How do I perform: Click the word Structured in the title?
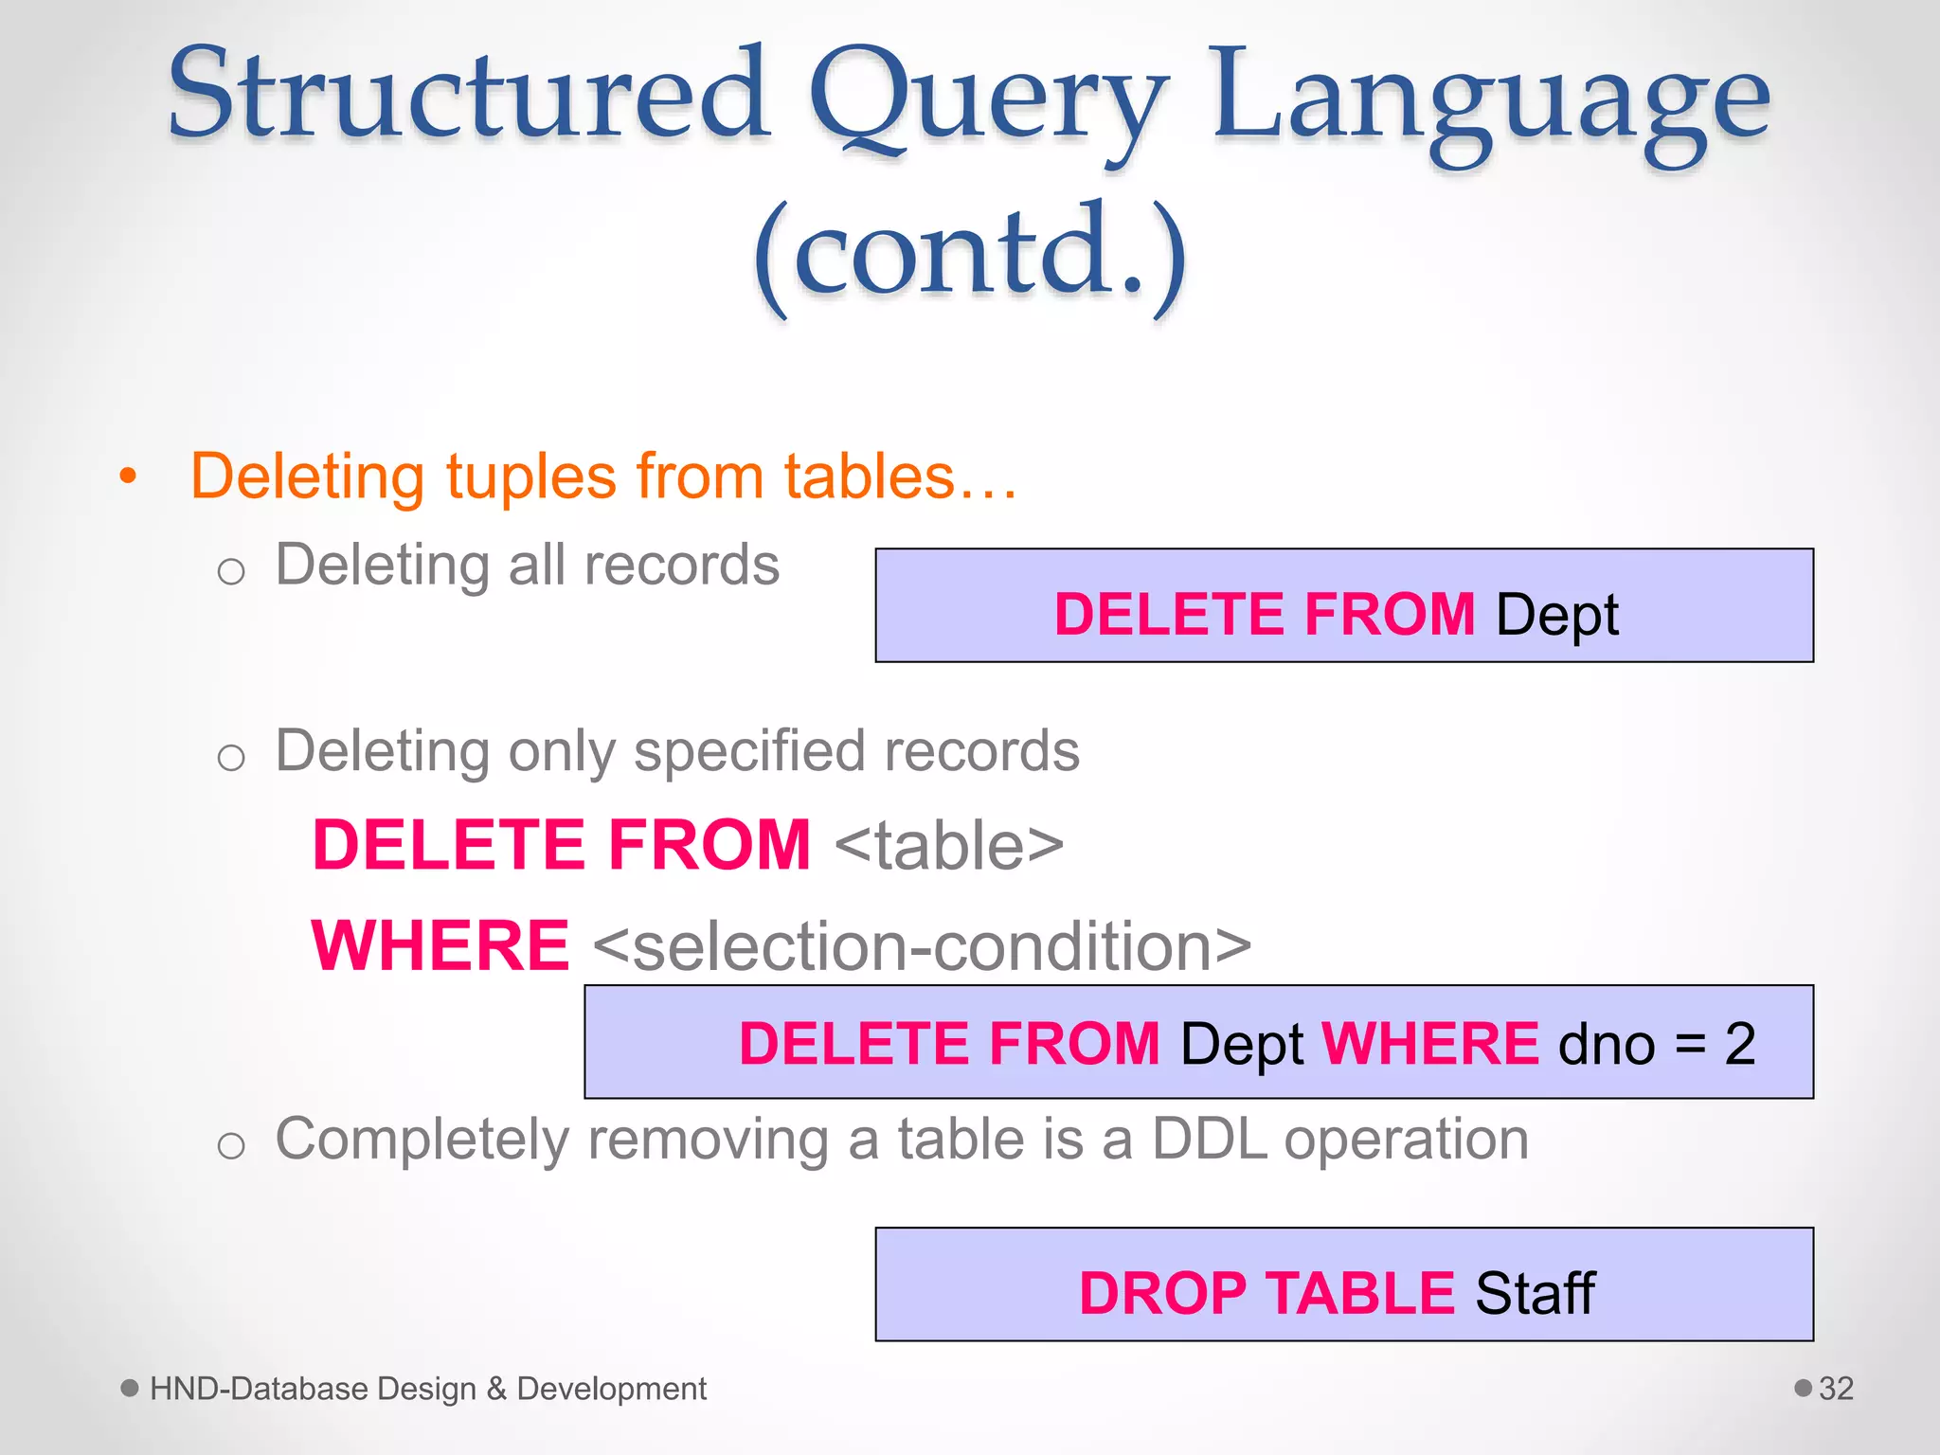[x=469, y=95]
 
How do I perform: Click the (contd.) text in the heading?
[x=970, y=254]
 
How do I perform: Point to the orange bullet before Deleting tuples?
[x=129, y=476]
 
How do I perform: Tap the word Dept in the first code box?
[x=1557, y=614]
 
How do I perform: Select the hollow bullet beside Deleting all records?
[x=231, y=571]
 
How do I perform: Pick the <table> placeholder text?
[x=949, y=845]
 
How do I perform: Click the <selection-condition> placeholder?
[x=923, y=945]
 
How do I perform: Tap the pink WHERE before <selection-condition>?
[x=440, y=945]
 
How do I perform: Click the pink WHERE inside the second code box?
[x=1430, y=1044]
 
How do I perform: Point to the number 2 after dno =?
[x=1739, y=1044]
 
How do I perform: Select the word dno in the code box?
[x=1607, y=1044]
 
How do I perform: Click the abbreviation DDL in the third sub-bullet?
[x=1209, y=1139]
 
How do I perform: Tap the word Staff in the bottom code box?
[x=1535, y=1293]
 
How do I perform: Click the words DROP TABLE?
[x=1266, y=1293]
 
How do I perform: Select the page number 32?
[x=1836, y=1389]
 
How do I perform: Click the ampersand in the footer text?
[x=496, y=1389]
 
